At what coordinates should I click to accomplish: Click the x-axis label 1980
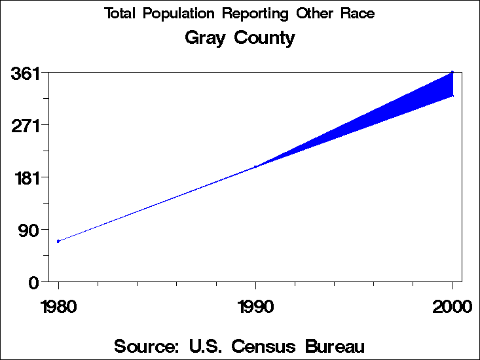tap(58, 307)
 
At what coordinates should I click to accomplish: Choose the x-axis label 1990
tap(255, 307)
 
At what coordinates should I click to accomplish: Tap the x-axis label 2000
tap(452, 307)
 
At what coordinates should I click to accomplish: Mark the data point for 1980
tap(58, 242)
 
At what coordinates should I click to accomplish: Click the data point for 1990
tap(255, 167)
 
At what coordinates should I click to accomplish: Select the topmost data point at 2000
tap(452, 72)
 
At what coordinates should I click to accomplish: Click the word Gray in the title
tap(206, 38)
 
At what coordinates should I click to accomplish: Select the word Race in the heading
tap(359, 14)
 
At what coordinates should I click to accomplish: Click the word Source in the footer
tap(143, 346)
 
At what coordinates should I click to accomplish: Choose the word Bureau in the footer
tap(334, 346)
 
